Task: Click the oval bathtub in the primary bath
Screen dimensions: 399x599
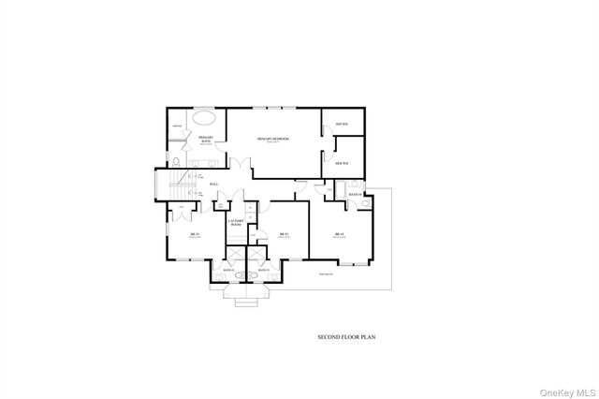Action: (x=206, y=120)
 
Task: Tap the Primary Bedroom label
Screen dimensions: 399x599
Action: (x=272, y=139)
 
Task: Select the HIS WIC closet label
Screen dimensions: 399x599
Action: (x=341, y=124)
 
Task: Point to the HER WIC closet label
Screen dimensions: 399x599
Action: (x=341, y=163)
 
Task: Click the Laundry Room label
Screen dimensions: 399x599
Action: (x=236, y=222)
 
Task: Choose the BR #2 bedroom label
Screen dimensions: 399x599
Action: (x=195, y=234)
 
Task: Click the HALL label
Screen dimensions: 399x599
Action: (x=214, y=184)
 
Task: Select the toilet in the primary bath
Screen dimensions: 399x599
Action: (x=177, y=161)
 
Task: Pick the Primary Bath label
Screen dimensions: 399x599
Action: (x=205, y=140)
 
